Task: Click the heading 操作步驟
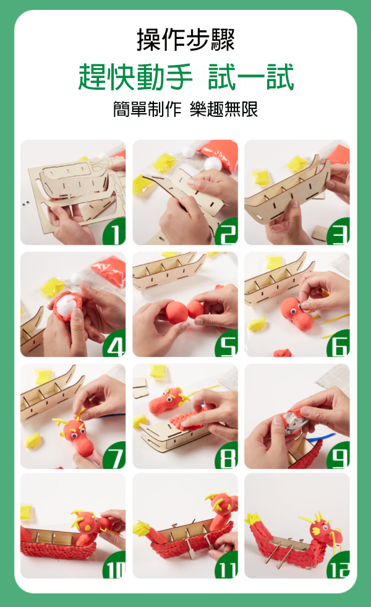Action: coord(185,40)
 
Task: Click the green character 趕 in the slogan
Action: coord(93,77)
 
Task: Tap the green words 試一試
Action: coord(251,77)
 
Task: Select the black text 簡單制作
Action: coord(147,109)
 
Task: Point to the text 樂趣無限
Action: coord(224,109)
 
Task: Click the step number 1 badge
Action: coord(114,231)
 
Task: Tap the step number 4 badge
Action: coord(114,344)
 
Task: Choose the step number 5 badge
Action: coord(227,344)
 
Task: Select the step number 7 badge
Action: coord(114,455)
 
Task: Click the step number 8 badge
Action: coord(227,455)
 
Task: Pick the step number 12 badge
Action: coord(338,565)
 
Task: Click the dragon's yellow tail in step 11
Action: coord(142,528)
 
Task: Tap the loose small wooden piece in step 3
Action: coord(320,233)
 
